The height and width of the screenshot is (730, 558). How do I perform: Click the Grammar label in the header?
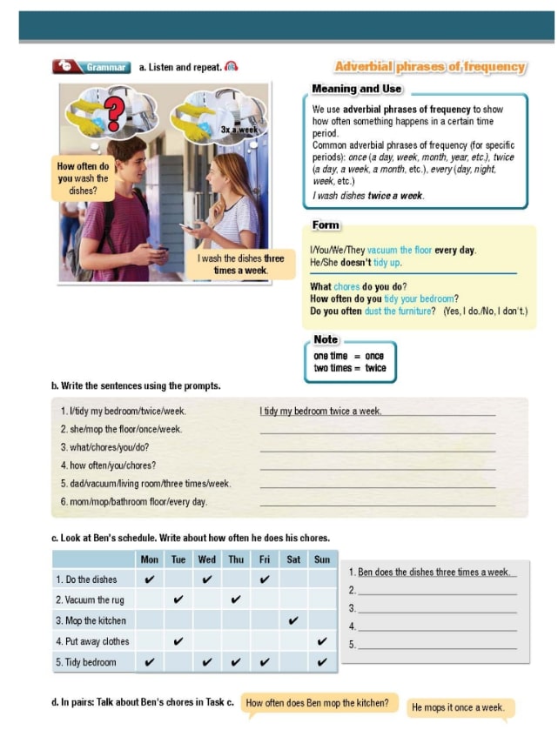coord(106,67)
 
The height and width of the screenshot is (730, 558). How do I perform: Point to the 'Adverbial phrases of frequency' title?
coord(430,67)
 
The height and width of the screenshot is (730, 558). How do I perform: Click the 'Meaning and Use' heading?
coord(357,89)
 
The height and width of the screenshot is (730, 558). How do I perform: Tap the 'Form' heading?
coord(326,225)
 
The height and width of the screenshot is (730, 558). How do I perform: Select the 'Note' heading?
coord(326,339)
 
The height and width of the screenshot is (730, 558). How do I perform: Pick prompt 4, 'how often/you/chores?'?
coord(108,465)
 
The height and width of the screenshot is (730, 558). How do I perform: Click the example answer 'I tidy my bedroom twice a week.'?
coord(320,411)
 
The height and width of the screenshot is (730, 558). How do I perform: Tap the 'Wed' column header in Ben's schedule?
coord(207,559)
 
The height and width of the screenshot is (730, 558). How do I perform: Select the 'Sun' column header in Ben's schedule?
coord(322,559)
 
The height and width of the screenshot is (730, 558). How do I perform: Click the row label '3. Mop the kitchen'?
coord(91,621)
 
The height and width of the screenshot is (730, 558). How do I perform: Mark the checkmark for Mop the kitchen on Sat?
coord(293,621)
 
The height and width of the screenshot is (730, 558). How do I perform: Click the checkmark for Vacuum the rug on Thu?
coord(236,599)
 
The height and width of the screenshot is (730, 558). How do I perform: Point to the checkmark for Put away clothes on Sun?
coord(322,642)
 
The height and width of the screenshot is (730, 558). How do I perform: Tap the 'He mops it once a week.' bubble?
coord(458,707)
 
